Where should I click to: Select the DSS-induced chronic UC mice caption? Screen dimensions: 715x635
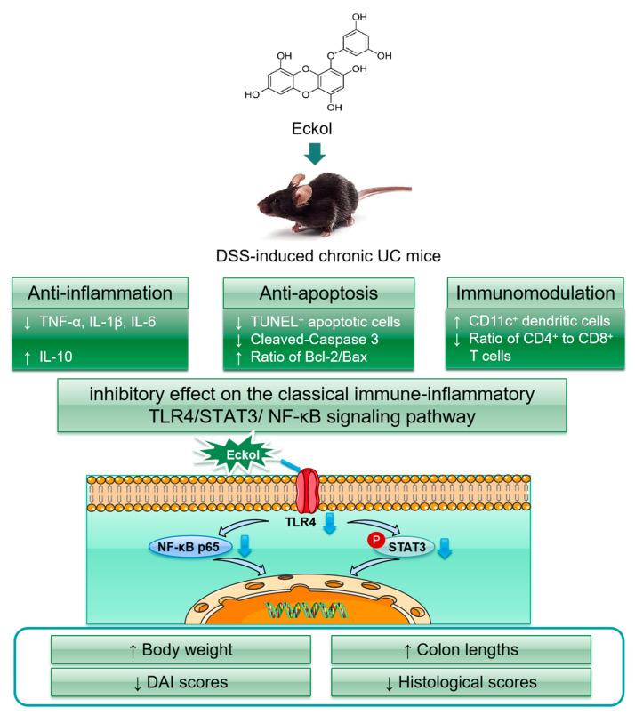[317, 256]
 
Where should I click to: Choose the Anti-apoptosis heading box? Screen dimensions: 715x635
[318, 292]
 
